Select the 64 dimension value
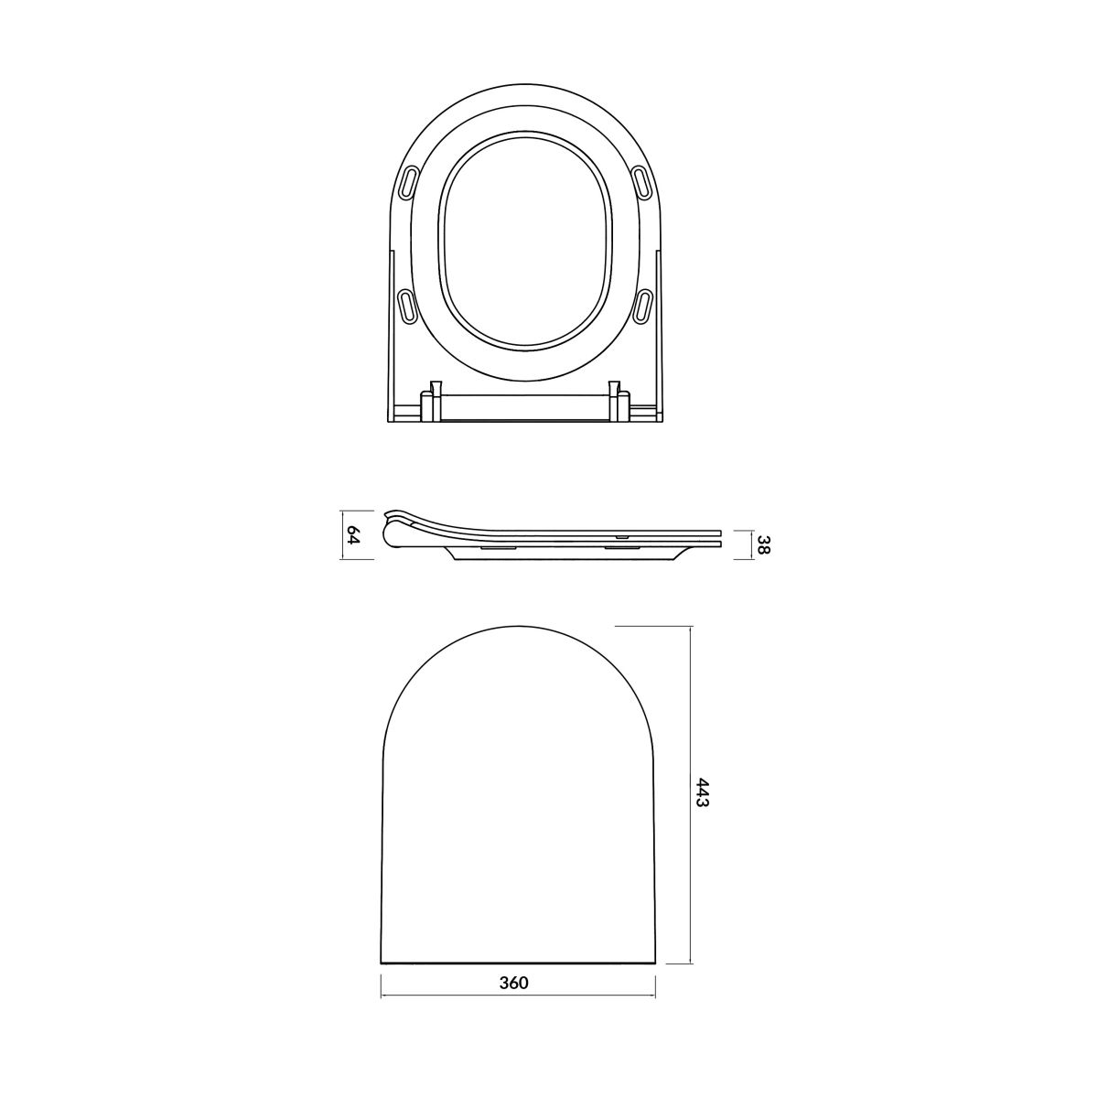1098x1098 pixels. [x=354, y=535]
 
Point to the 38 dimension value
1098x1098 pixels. [x=765, y=545]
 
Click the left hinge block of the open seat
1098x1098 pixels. [x=431, y=403]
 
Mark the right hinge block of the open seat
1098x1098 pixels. [x=619, y=403]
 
